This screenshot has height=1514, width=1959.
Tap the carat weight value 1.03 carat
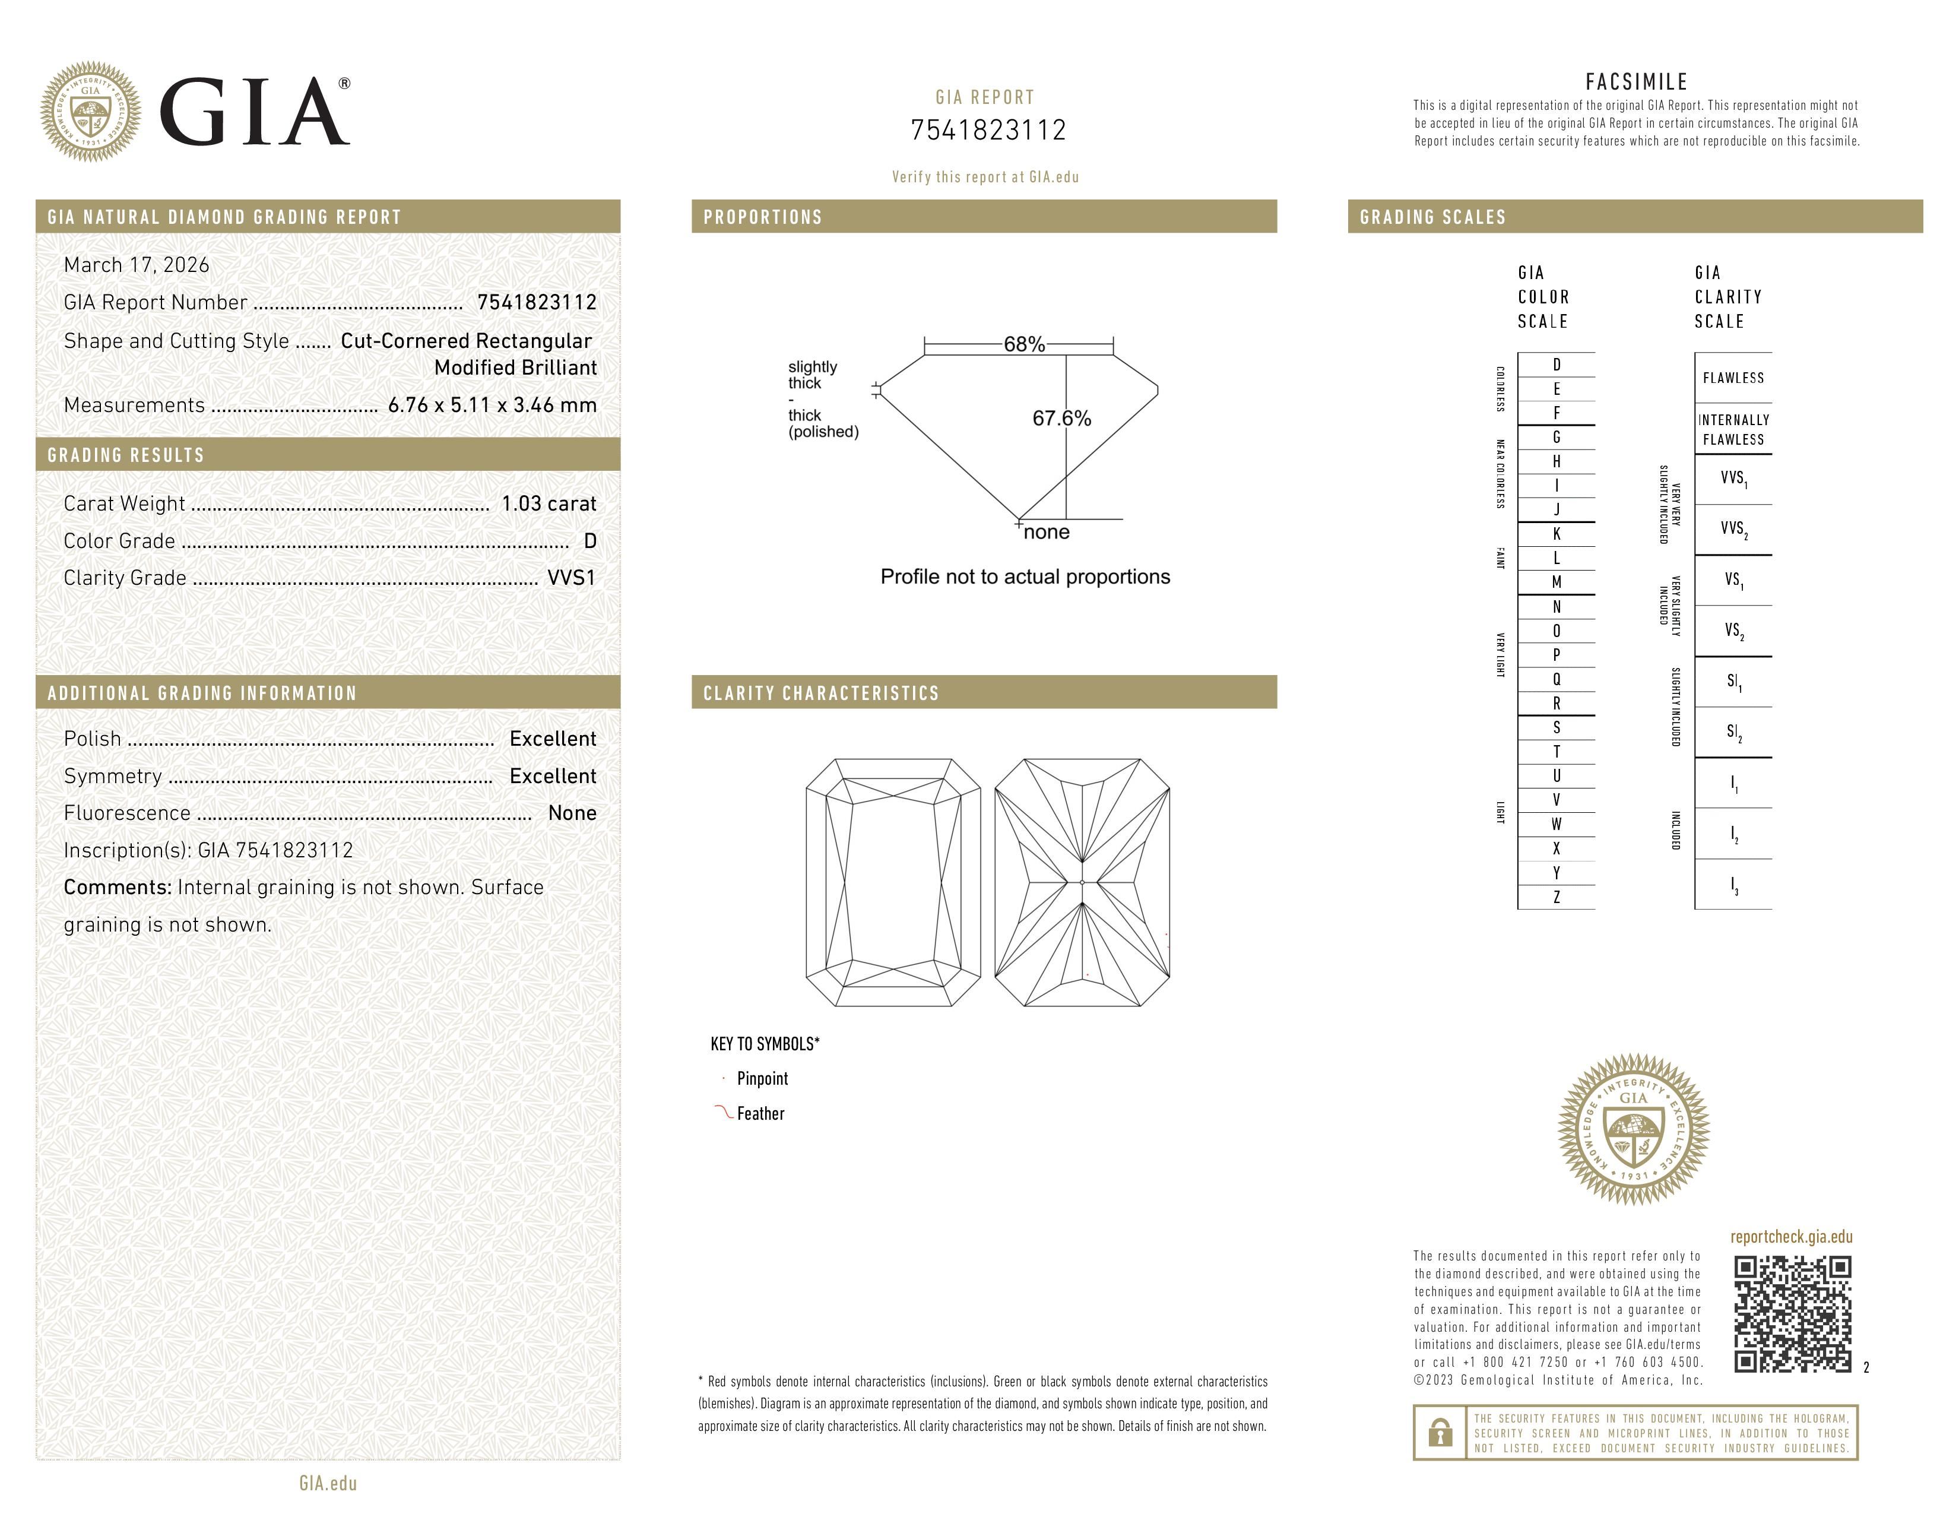(548, 504)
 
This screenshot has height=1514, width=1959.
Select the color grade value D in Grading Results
(589, 541)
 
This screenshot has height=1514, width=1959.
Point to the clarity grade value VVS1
(571, 578)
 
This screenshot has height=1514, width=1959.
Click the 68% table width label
(1023, 344)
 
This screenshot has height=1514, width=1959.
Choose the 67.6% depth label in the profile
(1061, 419)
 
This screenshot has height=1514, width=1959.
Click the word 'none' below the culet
(1046, 533)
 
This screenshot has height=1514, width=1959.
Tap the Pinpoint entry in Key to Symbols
(762, 1079)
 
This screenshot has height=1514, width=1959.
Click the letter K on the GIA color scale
(1557, 534)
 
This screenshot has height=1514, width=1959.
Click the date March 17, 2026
(137, 265)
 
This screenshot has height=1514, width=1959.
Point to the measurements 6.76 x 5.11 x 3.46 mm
(492, 406)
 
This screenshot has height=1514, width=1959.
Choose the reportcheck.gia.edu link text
(1790, 1237)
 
